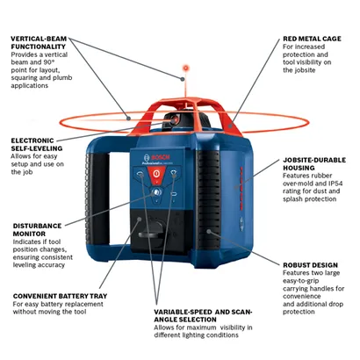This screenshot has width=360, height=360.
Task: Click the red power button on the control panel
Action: (156, 174)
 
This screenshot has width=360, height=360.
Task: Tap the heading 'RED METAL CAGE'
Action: (312, 39)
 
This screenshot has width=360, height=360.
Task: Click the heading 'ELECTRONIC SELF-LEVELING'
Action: (37, 144)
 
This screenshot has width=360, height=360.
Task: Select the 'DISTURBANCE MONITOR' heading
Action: (37, 230)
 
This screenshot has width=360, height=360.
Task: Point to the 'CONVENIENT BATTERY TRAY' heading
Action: (60, 296)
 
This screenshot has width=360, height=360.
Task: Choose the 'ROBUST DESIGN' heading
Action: (310, 265)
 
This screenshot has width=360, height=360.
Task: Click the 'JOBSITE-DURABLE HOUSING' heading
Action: (314, 164)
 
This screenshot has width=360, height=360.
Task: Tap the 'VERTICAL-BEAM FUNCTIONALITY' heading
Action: (39, 42)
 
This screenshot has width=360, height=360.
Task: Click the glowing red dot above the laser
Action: (185, 68)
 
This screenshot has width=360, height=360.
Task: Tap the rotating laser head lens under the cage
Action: (175, 120)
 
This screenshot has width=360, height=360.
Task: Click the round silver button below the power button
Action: (156, 192)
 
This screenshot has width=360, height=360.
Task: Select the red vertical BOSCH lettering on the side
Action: (241, 188)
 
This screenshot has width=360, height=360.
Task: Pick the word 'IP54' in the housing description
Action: (335, 184)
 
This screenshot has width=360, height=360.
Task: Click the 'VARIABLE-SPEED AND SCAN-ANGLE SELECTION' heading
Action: (203, 315)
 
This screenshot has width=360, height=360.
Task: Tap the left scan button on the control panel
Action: (140, 175)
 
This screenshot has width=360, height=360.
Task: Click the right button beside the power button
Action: (173, 173)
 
